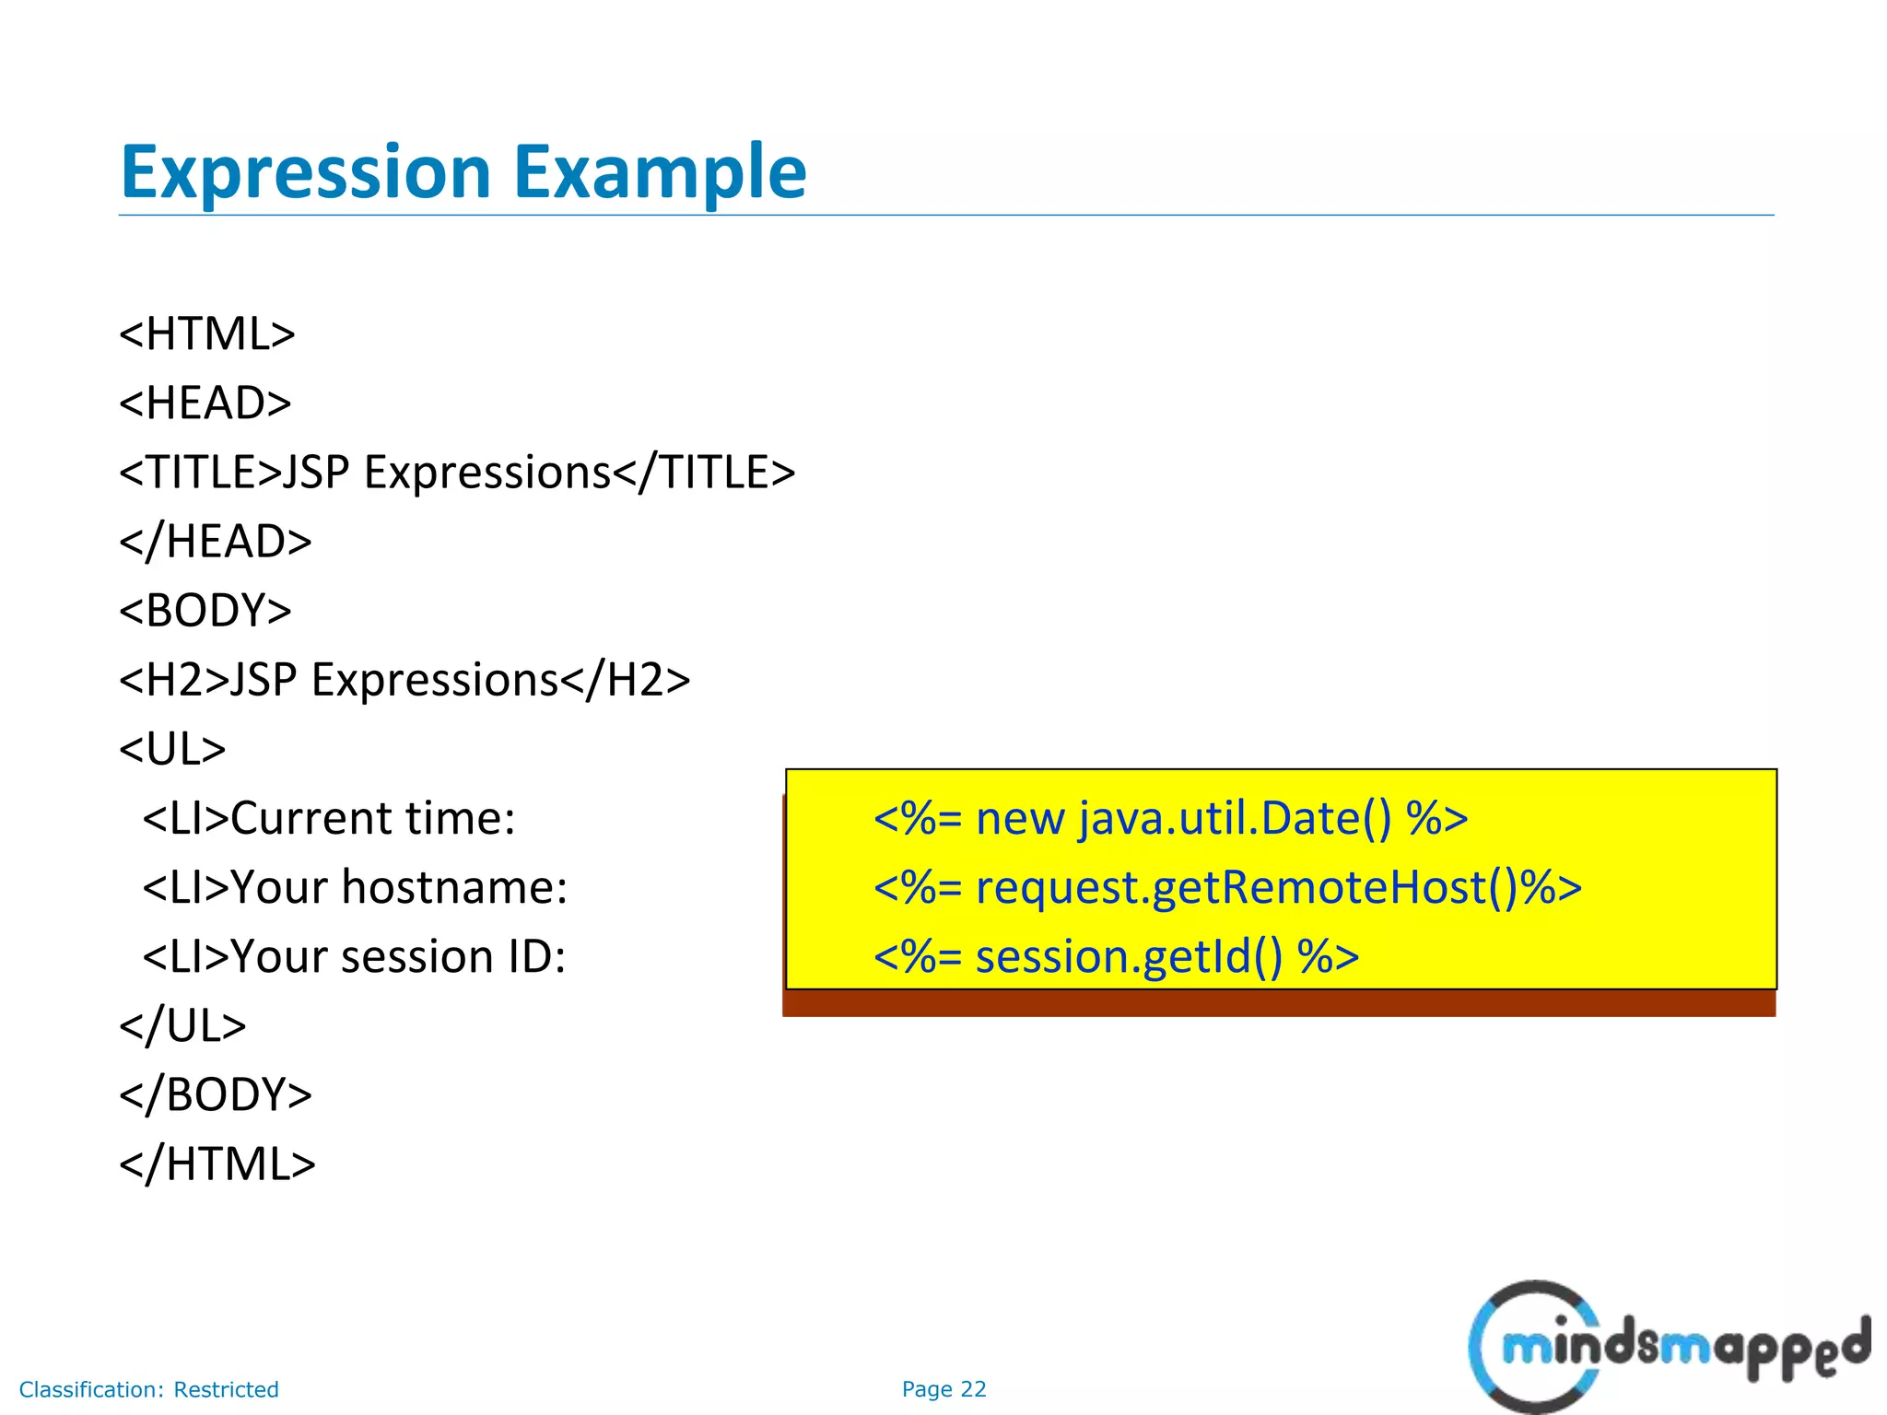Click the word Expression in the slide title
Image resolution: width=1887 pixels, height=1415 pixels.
click(x=305, y=172)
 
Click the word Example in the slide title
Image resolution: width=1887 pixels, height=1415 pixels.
click(x=659, y=172)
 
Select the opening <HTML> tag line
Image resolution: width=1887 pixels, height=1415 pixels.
click(x=207, y=333)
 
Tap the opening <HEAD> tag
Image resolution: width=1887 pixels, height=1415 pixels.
click(x=205, y=403)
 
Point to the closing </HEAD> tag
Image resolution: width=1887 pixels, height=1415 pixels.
click(x=216, y=542)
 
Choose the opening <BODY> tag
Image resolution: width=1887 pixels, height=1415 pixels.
click(x=205, y=611)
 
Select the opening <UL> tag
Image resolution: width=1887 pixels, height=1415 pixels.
click(x=172, y=749)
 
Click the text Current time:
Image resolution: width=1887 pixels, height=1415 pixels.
click(x=372, y=818)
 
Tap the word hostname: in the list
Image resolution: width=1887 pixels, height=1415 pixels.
click(x=454, y=887)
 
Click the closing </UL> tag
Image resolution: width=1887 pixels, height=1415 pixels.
click(x=182, y=1025)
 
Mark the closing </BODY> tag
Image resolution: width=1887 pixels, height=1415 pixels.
click(x=216, y=1094)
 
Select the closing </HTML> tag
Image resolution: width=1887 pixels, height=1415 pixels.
click(x=217, y=1164)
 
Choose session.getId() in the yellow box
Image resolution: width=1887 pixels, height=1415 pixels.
click(x=1129, y=956)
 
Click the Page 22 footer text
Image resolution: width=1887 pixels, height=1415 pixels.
click(x=943, y=1389)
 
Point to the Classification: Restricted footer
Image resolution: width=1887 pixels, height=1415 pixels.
click(x=148, y=1389)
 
